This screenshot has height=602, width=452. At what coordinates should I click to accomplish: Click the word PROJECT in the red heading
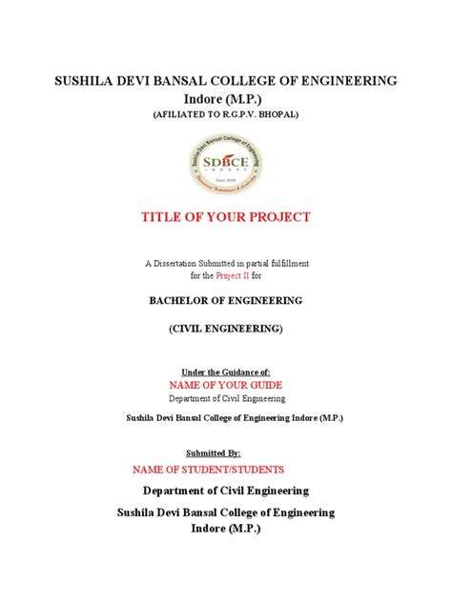point(279,217)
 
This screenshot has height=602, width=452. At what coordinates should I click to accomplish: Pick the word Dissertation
point(188,262)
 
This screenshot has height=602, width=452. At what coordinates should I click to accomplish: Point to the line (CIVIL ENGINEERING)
point(225,329)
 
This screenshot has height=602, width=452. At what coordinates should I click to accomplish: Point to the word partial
point(259,262)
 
